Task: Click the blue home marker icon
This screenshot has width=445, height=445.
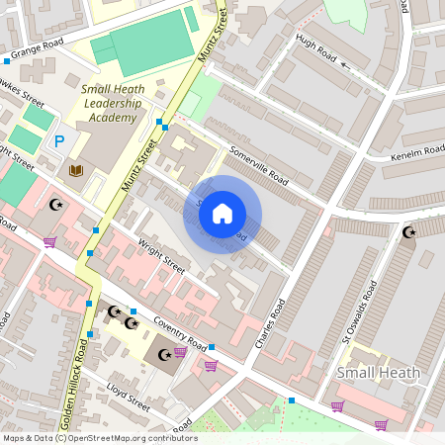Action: point(222,213)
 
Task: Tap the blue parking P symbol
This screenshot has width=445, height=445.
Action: point(58,142)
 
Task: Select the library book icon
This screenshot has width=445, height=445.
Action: point(76,171)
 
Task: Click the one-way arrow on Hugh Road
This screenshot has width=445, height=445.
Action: point(345,67)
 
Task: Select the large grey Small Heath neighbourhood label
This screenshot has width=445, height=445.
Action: point(379,373)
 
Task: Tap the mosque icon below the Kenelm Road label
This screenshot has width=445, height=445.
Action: point(408,232)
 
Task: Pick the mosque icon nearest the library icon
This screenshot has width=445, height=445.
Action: point(54,205)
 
